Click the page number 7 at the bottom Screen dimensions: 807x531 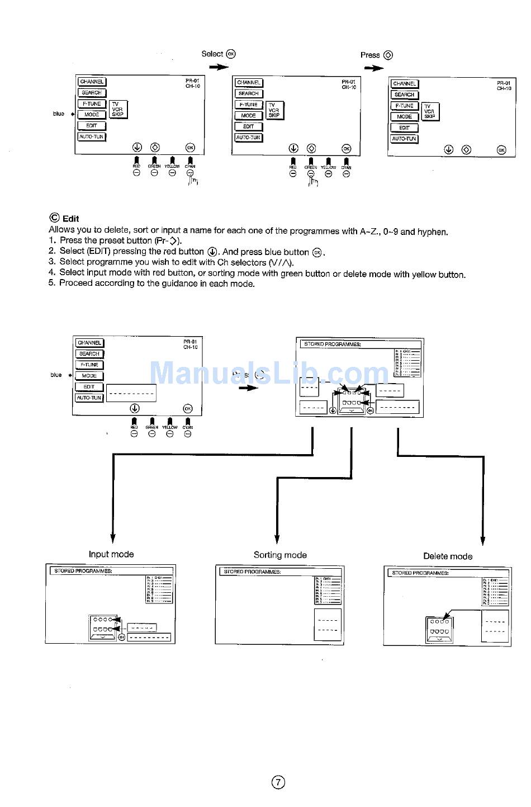click(278, 782)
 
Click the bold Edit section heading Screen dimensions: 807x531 click(70, 219)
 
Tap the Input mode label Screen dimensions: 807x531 click(111, 554)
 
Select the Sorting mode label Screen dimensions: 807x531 click(280, 555)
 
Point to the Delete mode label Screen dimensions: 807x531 click(448, 556)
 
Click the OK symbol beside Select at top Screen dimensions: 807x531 click(231, 54)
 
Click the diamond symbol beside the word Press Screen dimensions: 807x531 click(388, 55)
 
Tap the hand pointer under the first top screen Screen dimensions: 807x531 click(193, 181)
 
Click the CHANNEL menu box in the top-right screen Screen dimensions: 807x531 click(404, 84)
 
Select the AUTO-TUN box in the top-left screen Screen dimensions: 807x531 click(92, 136)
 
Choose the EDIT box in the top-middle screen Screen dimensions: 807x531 click(249, 126)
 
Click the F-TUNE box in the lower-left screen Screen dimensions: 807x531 click(89, 365)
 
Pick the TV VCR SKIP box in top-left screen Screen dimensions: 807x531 click(118, 109)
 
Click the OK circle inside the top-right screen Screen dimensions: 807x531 click(501, 150)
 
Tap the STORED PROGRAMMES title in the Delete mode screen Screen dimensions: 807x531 click(420, 573)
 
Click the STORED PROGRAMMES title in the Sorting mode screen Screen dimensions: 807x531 click(252, 572)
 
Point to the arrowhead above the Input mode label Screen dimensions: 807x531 click(113, 538)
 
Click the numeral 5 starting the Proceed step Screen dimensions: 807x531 click(51, 284)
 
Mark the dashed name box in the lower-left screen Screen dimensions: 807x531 click(131, 393)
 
